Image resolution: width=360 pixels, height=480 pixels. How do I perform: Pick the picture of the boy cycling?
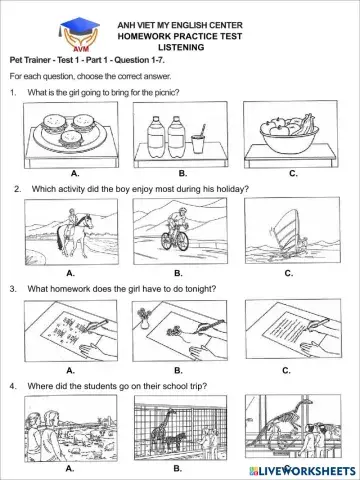click(179, 231)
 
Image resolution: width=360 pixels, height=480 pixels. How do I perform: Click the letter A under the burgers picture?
click(74, 173)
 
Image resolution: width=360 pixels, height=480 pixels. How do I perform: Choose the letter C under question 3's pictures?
click(288, 370)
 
